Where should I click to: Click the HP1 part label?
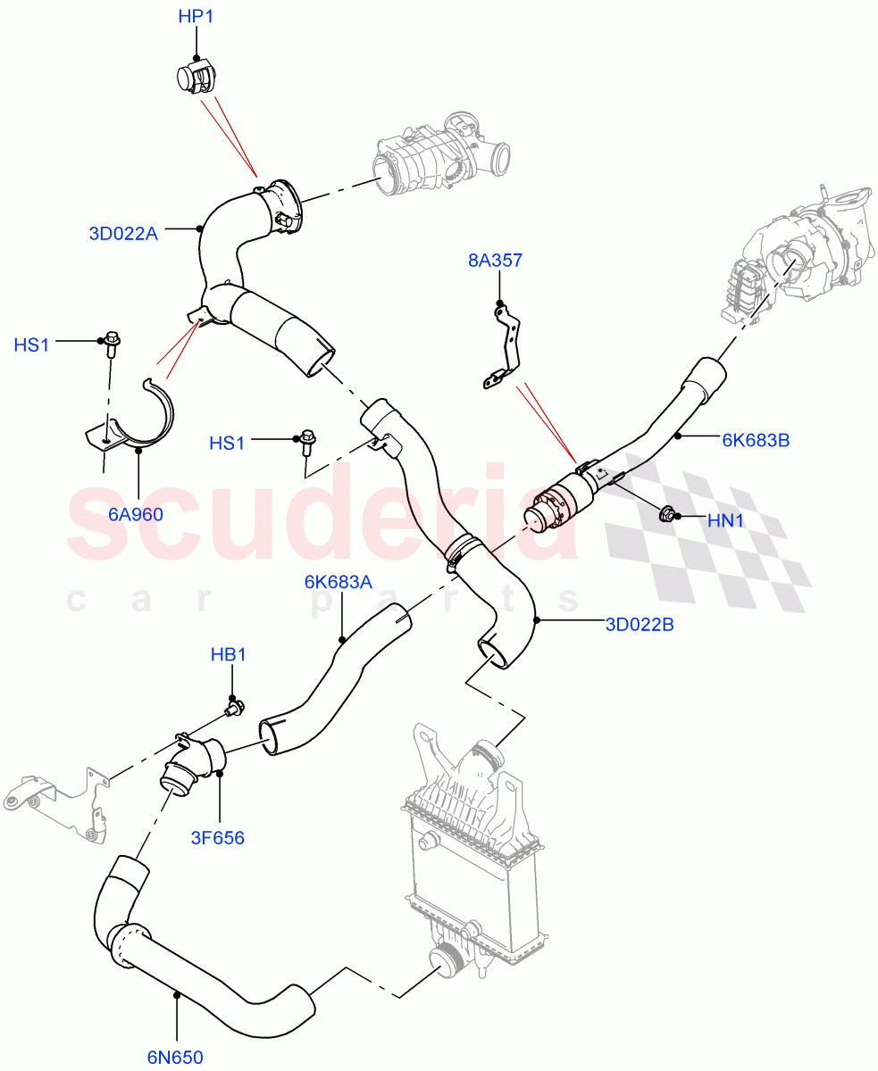click(196, 17)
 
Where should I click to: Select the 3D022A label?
click(123, 234)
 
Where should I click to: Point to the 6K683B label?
click(755, 439)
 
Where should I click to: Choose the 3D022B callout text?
click(640, 624)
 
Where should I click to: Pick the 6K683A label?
click(338, 582)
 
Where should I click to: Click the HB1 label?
click(228, 655)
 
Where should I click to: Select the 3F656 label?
click(216, 837)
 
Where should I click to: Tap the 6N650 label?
click(175, 1058)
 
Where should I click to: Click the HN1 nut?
click(666, 514)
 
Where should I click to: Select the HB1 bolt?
click(235, 709)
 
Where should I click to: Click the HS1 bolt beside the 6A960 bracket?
click(113, 342)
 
